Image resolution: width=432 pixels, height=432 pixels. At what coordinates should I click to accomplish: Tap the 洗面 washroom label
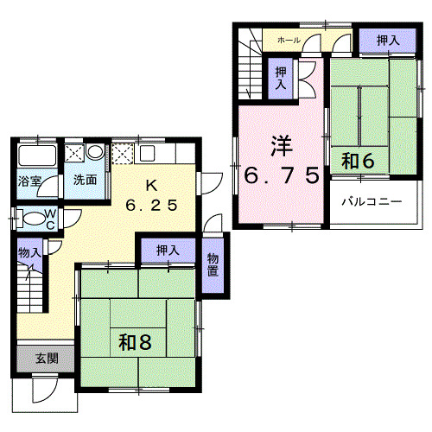84,181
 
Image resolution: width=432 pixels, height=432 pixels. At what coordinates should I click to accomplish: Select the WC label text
50,218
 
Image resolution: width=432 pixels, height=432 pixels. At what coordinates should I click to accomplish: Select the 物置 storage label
213,264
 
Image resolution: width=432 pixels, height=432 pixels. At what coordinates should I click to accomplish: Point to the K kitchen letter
150,184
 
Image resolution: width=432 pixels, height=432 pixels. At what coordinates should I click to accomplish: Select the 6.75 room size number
281,175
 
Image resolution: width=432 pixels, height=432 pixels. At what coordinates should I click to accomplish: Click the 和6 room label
357,160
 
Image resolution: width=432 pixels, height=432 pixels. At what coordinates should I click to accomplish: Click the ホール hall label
289,41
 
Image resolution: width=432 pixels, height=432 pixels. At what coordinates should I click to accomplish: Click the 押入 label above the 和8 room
168,251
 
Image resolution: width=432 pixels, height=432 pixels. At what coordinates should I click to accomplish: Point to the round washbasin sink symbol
95,153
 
